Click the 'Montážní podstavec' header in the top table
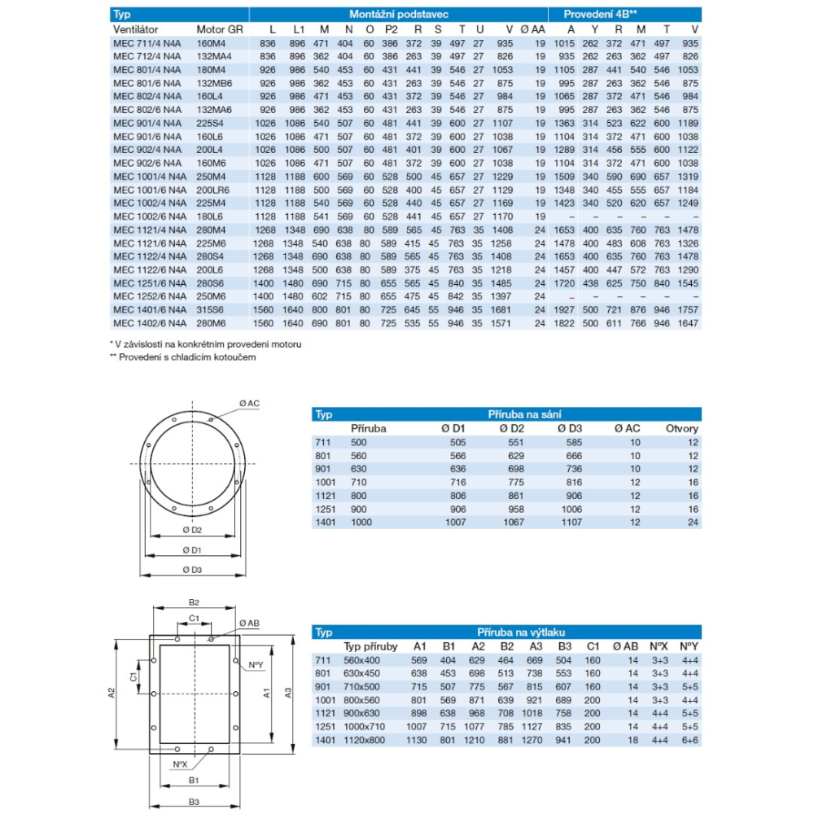[x=398, y=15]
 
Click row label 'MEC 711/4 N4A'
[x=148, y=42]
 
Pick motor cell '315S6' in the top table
[x=210, y=309]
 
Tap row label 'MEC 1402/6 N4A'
[x=151, y=322]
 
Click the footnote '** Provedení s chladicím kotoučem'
[x=177, y=357]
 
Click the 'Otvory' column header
[x=682, y=428]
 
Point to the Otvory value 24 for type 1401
[x=693, y=522]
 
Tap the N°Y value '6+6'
[x=690, y=740]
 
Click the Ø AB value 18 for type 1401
[x=632, y=740]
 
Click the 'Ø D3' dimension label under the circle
[x=193, y=569]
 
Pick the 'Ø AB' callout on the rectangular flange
[x=249, y=623]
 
